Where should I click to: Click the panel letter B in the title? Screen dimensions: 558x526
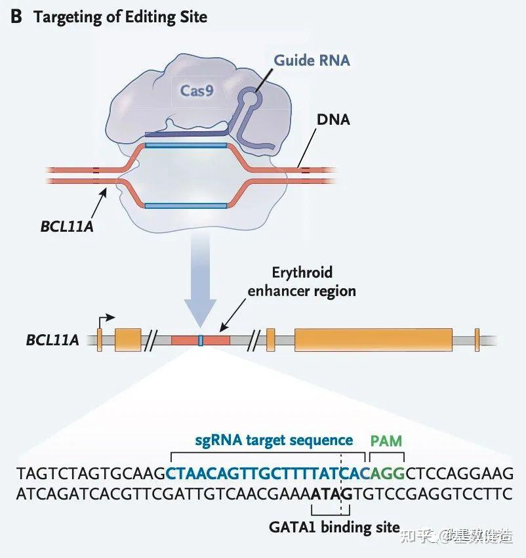coord(16,16)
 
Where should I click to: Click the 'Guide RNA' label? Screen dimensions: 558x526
coord(312,60)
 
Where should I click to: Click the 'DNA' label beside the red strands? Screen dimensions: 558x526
coord(333,120)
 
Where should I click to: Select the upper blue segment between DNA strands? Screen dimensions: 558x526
coord(186,144)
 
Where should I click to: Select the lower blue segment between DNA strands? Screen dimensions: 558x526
coord(186,205)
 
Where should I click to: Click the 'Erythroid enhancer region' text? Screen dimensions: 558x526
coord(302,281)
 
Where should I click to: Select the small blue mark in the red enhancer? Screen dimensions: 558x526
coord(201,340)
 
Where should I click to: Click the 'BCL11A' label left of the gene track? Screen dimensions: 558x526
coord(52,340)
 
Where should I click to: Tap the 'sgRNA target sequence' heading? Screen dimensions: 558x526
coord(273,440)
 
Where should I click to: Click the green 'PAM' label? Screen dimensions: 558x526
coord(386,440)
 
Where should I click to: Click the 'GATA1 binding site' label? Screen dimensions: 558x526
coord(334,526)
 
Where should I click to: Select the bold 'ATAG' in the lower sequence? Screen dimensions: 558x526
coord(333,493)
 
